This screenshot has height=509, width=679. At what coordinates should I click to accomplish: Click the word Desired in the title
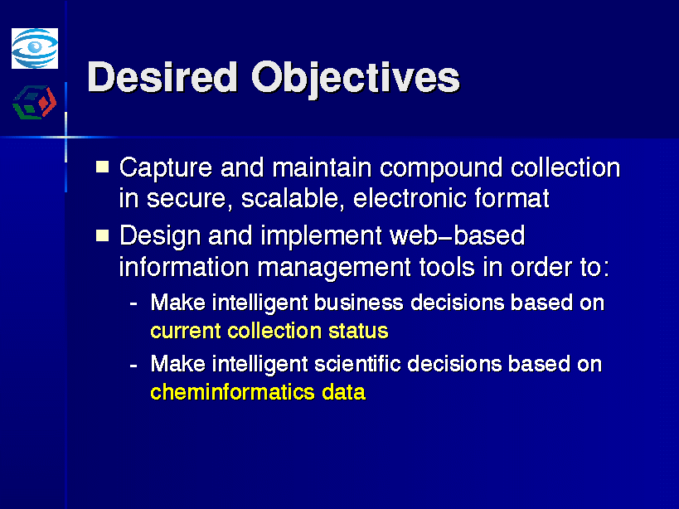(x=162, y=77)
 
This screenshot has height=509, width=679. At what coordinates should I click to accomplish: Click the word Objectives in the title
(x=356, y=80)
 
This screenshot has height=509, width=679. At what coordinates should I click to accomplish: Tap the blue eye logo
(x=35, y=48)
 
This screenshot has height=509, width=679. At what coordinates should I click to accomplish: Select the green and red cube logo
(x=35, y=103)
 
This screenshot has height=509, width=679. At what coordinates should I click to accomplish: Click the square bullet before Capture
(x=102, y=167)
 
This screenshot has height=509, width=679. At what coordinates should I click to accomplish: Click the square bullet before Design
(x=102, y=235)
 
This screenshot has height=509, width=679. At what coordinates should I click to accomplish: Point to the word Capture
(x=166, y=168)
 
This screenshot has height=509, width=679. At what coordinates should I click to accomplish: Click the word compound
(x=441, y=168)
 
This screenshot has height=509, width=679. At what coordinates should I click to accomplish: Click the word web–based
(x=458, y=235)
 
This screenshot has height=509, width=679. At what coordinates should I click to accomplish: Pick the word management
(x=334, y=268)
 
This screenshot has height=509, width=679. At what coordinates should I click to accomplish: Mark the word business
(x=358, y=302)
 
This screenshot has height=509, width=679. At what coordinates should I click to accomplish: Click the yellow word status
(x=358, y=331)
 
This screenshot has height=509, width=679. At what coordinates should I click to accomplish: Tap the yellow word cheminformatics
(x=232, y=392)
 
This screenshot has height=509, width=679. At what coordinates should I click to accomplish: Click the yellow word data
(x=344, y=392)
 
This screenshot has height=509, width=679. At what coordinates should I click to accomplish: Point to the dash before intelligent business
(x=133, y=304)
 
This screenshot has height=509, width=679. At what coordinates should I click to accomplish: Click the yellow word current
(x=186, y=332)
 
